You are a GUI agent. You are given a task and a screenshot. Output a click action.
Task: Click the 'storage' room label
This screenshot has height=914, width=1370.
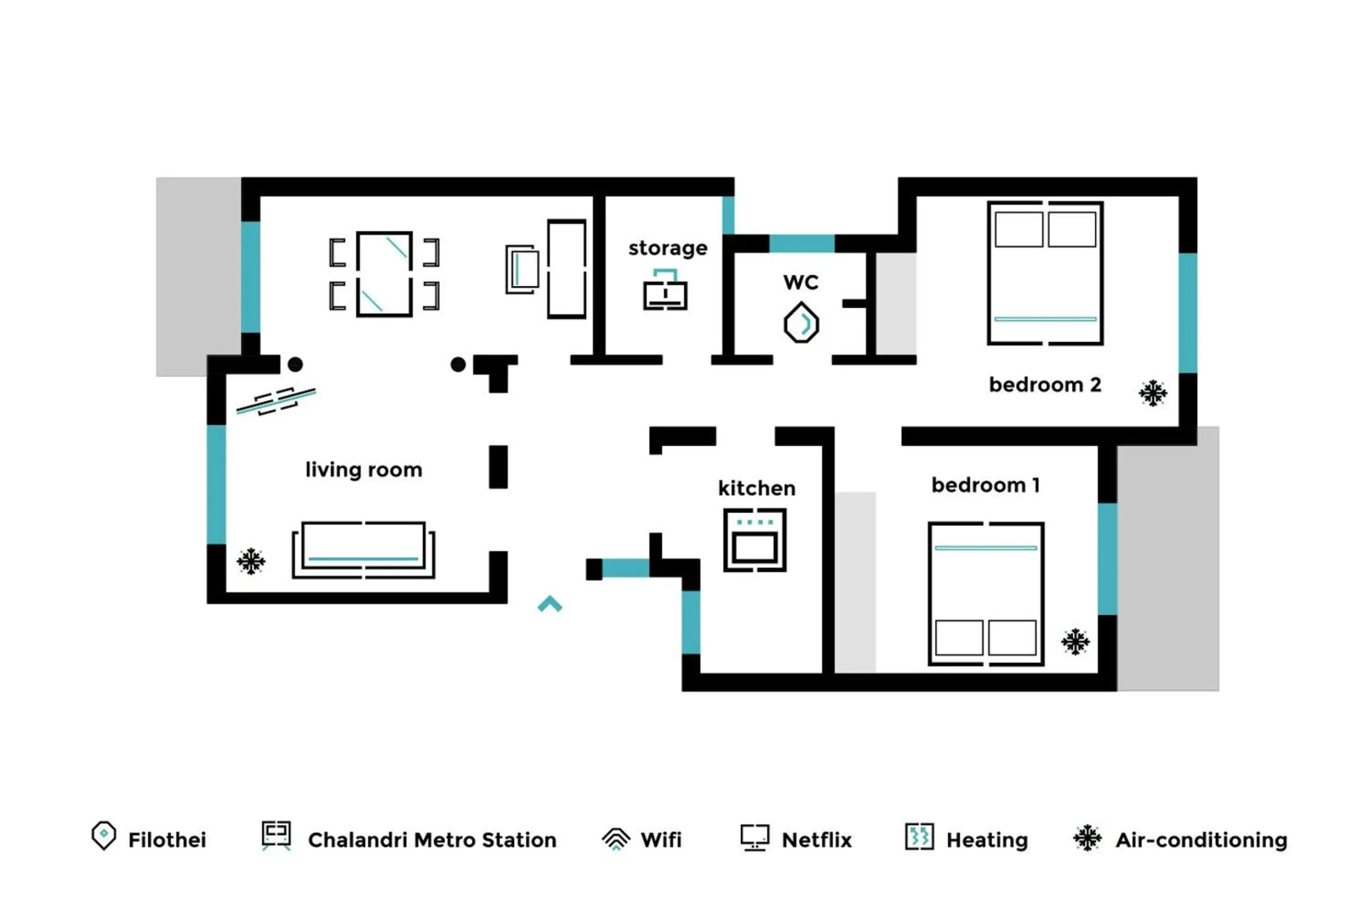point(667,248)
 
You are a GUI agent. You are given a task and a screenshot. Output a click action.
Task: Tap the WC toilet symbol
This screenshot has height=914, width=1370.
point(801,323)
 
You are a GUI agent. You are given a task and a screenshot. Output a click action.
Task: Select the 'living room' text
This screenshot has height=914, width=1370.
point(364,470)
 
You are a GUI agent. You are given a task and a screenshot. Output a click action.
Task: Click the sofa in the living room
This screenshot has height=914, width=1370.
point(364,550)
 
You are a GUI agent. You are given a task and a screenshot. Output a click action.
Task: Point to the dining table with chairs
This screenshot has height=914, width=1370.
point(384,274)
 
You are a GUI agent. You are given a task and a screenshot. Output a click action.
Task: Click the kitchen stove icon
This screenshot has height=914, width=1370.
point(754,540)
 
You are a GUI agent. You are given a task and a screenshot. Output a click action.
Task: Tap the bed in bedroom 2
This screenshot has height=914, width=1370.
point(1045,273)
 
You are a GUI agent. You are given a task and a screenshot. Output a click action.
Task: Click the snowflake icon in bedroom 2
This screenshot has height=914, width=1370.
point(1152,394)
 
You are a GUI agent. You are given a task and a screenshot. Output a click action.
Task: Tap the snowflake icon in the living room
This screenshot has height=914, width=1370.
point(251,561)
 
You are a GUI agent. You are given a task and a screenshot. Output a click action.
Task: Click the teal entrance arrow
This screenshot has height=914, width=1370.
point(550,604)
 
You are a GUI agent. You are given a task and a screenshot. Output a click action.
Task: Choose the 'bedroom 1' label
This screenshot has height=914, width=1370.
point(985,485)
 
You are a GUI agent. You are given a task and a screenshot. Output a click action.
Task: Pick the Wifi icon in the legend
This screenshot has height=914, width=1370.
point(616,839)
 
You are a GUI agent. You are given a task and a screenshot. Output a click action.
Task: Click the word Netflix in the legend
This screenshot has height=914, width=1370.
point(816,840)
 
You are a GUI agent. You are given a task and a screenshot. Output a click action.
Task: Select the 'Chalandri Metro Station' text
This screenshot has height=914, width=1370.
point(431,840)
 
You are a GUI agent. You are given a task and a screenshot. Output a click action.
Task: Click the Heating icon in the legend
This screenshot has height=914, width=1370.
point(919,837)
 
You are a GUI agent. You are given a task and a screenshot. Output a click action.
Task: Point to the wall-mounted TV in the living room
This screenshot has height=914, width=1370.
point(276,401)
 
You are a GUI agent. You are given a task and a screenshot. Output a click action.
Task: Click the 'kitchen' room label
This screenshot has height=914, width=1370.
point(756,488)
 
